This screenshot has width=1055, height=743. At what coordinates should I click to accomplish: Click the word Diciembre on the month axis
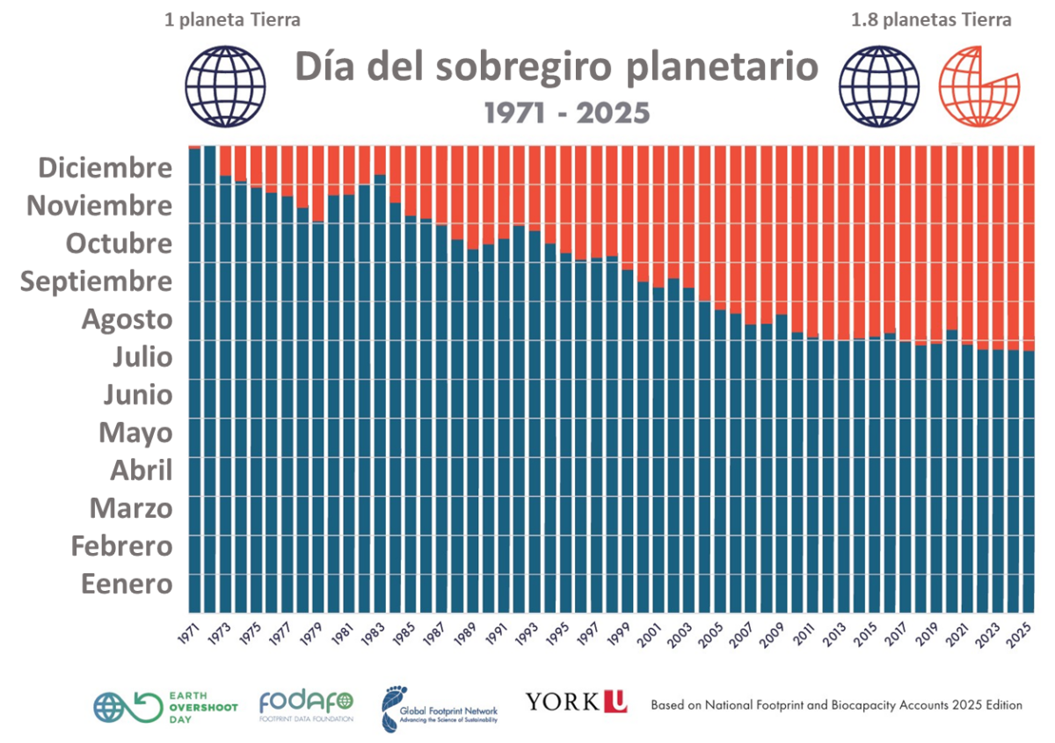pyautogui.click(x=105, y=167)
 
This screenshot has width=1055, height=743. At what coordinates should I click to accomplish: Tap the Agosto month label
pyautogui.click(x=127, y=319)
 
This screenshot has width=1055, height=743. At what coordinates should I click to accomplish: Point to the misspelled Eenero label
pyautogui.click(x=127, y=584)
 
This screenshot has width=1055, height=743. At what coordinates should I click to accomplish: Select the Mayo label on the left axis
pyautogui.click(x=135, y=433)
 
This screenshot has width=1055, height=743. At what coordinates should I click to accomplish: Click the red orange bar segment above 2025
pyautogui.click(x=1028, y=246)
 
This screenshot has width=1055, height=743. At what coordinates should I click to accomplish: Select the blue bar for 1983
pyautogui.click(x=380, y=396)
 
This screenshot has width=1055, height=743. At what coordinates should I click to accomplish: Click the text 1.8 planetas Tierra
pyautogui.click(x=930, y=19)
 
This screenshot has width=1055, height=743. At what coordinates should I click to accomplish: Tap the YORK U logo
pyautogui.click(x=576, y=701)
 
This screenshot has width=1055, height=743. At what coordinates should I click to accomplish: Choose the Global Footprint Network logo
pyautogui.click(x=440, y=709)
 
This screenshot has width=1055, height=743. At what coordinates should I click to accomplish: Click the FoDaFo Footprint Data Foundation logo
pyautogui.click(x=306, y=705)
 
